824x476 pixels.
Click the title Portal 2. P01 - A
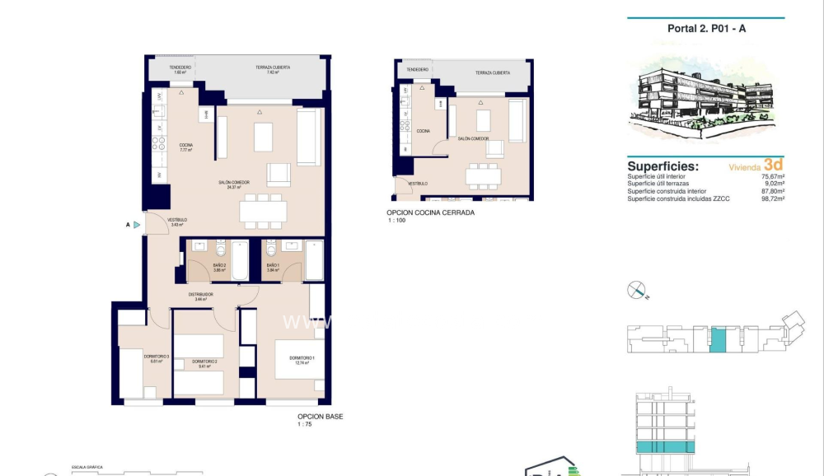pyautogui.click(x=705, y=28)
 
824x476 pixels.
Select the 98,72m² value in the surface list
pyautogui.click(x=772, y=198)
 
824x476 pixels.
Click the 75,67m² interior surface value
pyautogui.click(x=772, y=175)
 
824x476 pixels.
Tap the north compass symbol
pyautogui.click(x=637, y=290)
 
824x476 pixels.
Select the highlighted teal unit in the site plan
pyautogui.click(x=719, y=339)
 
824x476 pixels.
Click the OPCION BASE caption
pyautogui.click(x=320, y=417)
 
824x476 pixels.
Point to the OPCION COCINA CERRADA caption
pyautogui.click(x=430, y=212)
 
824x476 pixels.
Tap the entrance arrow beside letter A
pyautogui.click(x=137, y=223)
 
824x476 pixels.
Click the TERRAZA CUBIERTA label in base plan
pyautogui.click(x=273, y=68)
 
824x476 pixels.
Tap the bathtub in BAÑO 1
pyautogui.click(x=314, y=260)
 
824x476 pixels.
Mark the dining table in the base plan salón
pyautogui.click(x=264, y=211)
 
